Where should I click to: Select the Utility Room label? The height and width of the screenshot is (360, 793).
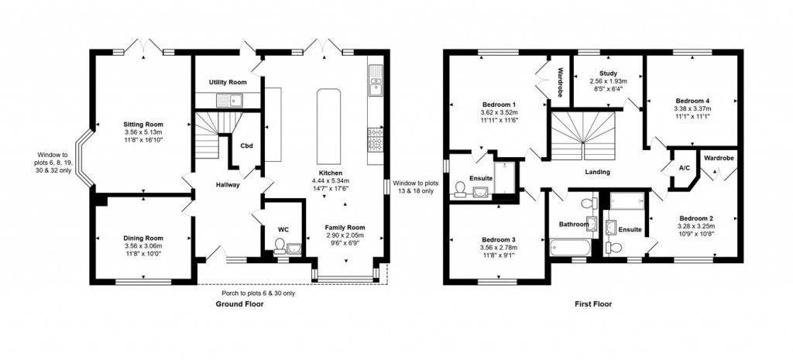coord(228,82)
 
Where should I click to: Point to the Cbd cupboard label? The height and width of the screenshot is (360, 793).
coord(247,146)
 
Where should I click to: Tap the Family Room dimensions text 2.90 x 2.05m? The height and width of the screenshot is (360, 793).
coord(344,236)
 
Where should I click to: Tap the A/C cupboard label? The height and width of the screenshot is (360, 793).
coord(684,168)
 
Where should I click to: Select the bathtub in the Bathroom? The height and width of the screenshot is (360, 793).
coord(571,248)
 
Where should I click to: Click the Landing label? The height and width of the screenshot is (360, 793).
coord(597,173)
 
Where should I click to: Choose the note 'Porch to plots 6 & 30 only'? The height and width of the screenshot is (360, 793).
coord(257,293)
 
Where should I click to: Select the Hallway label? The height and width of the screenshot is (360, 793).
coord(228,185)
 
